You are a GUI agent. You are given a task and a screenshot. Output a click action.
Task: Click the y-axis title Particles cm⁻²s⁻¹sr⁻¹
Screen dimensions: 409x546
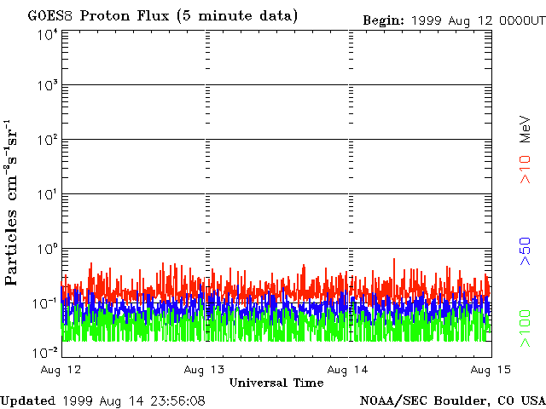click(14, 192)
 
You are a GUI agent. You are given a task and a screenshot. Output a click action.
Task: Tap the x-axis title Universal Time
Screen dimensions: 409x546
click(276, 383)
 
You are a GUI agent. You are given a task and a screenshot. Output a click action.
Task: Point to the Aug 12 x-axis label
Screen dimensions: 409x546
click(61, 369)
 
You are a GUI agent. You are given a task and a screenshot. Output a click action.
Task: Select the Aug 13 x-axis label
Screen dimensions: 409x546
click(206, 369)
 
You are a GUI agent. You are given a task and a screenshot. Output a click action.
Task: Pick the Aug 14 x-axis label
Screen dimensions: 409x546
click(348, 369)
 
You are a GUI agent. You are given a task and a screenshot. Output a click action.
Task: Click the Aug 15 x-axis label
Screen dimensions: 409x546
click(490, 369)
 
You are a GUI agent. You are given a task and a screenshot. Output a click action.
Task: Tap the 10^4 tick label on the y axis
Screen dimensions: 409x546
click(46, 35)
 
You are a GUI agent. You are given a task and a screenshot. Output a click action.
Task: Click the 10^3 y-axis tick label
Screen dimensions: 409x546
click(46, 87)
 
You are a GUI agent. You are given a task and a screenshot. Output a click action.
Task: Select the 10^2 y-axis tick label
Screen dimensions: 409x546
click(46, 141)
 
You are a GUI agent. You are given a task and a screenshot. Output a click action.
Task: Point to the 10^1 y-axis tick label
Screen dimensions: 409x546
click(46, 195)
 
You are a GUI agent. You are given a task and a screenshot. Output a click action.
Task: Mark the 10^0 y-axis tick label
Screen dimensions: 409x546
click(46, 250)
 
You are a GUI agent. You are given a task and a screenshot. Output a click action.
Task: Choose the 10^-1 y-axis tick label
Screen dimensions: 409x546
click(44, 304)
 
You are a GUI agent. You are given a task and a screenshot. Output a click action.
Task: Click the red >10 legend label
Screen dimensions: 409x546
click(526, 169)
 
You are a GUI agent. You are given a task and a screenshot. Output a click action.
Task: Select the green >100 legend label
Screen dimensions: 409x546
click(526, 328)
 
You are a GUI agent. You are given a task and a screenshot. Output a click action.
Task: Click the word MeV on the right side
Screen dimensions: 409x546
click(526, 127)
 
